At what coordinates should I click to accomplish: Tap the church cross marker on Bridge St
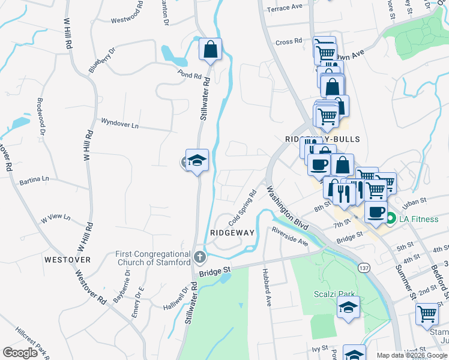(x=200, y=257)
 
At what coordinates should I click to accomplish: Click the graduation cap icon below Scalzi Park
(x=348, y=308)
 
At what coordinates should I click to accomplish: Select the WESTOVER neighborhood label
(x=67, y=260)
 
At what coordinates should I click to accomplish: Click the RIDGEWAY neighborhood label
(x=232, y=232)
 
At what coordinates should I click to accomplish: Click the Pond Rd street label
(x=188, y=76)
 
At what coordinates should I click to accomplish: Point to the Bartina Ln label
(x=34, y=179)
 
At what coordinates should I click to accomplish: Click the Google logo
(x=20, y=353)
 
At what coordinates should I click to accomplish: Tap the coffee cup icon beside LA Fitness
(x=376, y=213)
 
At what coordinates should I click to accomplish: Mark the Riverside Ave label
(x=289, y=237)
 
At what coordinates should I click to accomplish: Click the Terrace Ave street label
(x=285, y=8)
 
